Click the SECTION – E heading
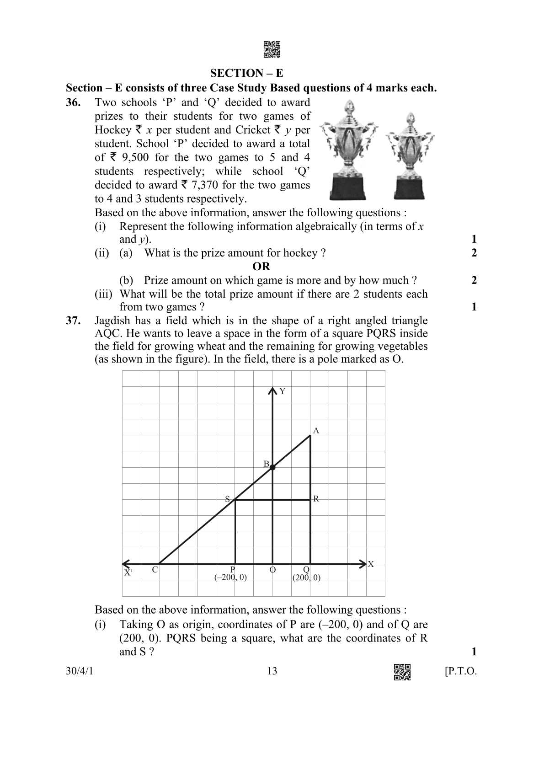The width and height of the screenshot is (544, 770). coord(246,73)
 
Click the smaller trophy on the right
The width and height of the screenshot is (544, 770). coord(410,155)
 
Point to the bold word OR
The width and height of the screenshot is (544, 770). coord(261,267)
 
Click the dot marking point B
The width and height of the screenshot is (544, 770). coord(272,467)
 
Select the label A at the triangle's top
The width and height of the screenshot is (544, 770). coord(315,430)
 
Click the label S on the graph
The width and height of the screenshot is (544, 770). coord(227,499)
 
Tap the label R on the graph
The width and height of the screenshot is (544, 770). coord(316,499)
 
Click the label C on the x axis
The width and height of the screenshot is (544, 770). coord(155,570)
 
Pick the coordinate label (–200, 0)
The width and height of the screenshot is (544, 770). coord(231,577)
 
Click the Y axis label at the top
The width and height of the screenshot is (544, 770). coord(283,391)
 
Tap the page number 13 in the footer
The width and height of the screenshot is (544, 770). coord(272,671)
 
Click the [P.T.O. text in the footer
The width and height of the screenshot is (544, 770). coord(460,671)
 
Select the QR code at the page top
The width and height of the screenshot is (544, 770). coord(272,49)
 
